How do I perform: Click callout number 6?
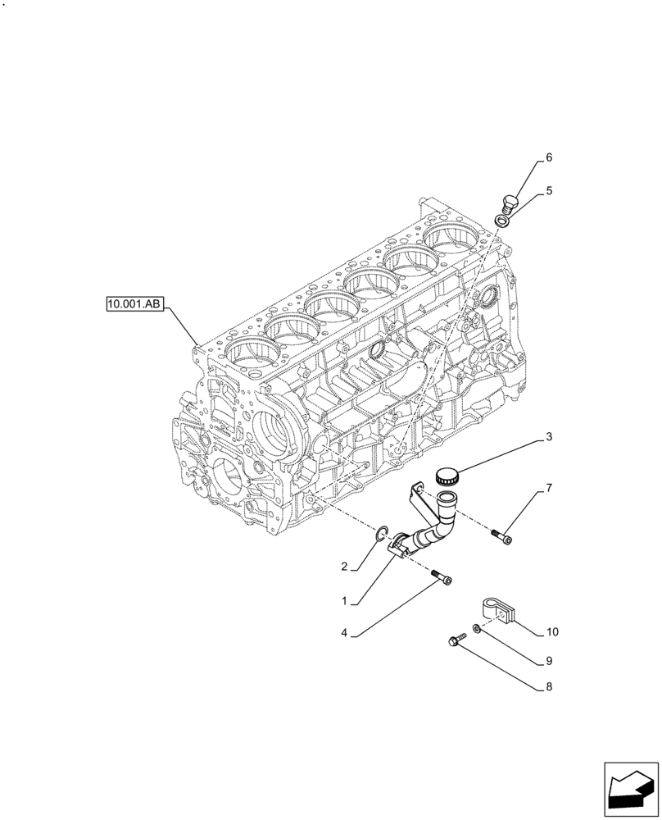pos(548,157)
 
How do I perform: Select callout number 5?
pos(548,191)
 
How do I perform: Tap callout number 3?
pos(548,438)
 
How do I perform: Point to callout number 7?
pos(548,489)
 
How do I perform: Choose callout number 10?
pos(551,632)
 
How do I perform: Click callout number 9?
pos(548,660)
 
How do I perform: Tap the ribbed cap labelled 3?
pos(447,474)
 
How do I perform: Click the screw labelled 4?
pos(442,578)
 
